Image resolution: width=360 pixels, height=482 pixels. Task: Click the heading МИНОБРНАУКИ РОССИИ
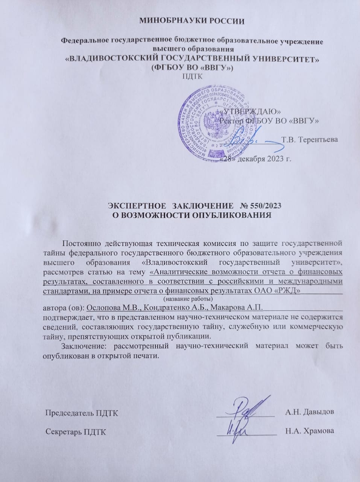tap(192, 21)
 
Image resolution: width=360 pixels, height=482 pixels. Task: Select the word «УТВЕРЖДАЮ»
tap(250, 111)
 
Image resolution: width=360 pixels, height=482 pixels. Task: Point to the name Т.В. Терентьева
tap(310, 139)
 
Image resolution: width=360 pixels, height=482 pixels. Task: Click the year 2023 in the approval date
tap(276, 158)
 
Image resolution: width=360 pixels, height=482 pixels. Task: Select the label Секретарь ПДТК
tap(76, 431)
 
